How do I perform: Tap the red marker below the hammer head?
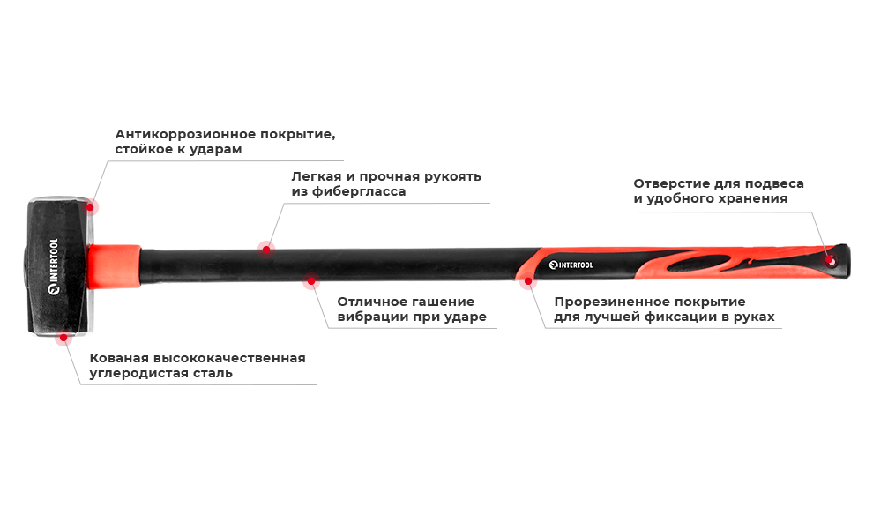62,340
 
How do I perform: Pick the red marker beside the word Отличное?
310,285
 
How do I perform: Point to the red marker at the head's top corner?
93,206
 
